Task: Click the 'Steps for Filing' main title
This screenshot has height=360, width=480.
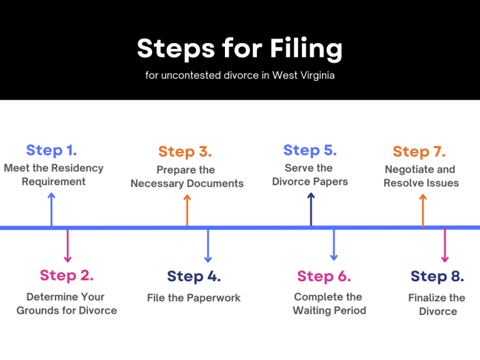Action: coord(240,49)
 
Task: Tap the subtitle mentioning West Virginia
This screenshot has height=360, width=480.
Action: coord(240,76)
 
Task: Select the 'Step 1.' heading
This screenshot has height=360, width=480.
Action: coord(51,150)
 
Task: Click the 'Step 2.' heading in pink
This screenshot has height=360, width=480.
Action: coord(66,275)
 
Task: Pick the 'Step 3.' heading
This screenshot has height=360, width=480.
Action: coord(185,151)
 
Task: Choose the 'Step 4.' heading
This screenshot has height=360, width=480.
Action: coord(194,276)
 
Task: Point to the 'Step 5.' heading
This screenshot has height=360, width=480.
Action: coord(310,150)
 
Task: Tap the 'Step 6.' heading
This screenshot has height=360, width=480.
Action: coord(324,276)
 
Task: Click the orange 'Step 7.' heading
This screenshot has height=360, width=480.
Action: coord(419,151)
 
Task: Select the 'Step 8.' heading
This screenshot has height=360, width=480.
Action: coord(437,276)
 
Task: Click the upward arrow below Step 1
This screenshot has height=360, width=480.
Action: coord(51,209)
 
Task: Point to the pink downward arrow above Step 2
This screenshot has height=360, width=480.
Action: coord(67,246)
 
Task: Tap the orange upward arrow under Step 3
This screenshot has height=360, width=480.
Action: coord(187,209)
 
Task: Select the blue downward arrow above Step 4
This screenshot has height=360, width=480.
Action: coord(208,246)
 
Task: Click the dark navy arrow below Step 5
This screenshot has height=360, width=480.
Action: coord(311,209)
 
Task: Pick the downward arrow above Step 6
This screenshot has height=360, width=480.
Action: coord(333,244)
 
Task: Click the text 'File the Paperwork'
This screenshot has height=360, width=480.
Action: coord(194,297)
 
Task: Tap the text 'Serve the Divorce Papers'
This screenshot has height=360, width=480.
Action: coord(310,175)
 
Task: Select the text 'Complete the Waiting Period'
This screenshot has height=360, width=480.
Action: coord(329,304)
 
